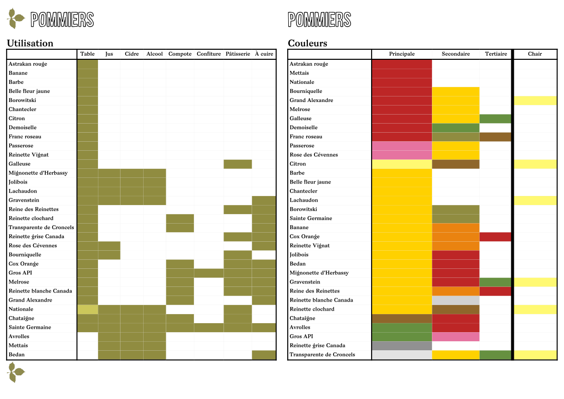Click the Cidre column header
coord(132,54)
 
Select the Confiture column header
coord(208,54)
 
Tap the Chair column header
coord(535,54)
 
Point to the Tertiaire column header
coord(496,54)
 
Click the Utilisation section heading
coord(30,43)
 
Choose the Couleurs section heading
coord(307,43)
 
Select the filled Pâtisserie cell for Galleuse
coord(238,164)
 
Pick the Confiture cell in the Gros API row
coord(208,273)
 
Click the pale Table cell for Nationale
coord(87,309)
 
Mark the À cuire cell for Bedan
coord(264,355)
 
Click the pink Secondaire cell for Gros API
coord(456,337)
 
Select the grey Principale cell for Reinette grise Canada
coord(402,346)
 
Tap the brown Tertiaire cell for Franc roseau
coord(495,137)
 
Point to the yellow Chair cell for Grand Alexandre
coord(535,101)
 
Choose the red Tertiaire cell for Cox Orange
coord(495,237)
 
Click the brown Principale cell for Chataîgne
coord(402,319)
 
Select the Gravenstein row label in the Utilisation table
coord(24,200)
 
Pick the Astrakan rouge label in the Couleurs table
coord(309,64)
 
